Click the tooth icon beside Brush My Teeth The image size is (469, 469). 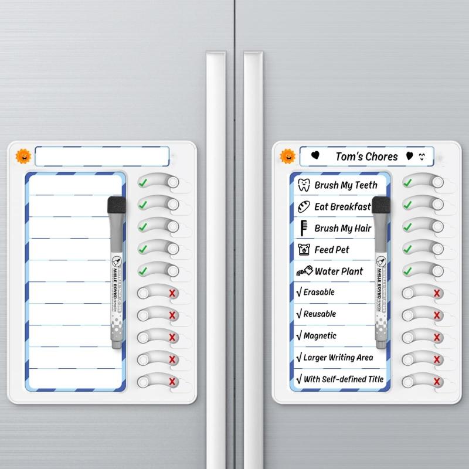[x=304, y=185]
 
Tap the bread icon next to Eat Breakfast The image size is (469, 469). [x=304, y=206]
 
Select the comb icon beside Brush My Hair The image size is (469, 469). [x=304, y=228]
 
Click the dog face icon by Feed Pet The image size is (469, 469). [x=304, y=250]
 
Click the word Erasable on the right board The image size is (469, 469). [x=319, y=292]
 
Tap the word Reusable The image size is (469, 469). [x=320, y=314]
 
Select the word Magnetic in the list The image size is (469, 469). [x=320, y=336]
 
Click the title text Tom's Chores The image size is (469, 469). [x=366, y=157]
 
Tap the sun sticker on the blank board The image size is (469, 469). [x=23, y=156]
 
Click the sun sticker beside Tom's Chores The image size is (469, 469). [x=287, y=156]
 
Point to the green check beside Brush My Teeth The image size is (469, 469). [x=407, y=183]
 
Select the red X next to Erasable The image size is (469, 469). [x=437, y=293]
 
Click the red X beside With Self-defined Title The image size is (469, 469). [x=437, y=382]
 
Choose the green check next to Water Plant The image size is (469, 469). [x=407, y=271]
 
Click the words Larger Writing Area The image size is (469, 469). [x=338, y=358]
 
